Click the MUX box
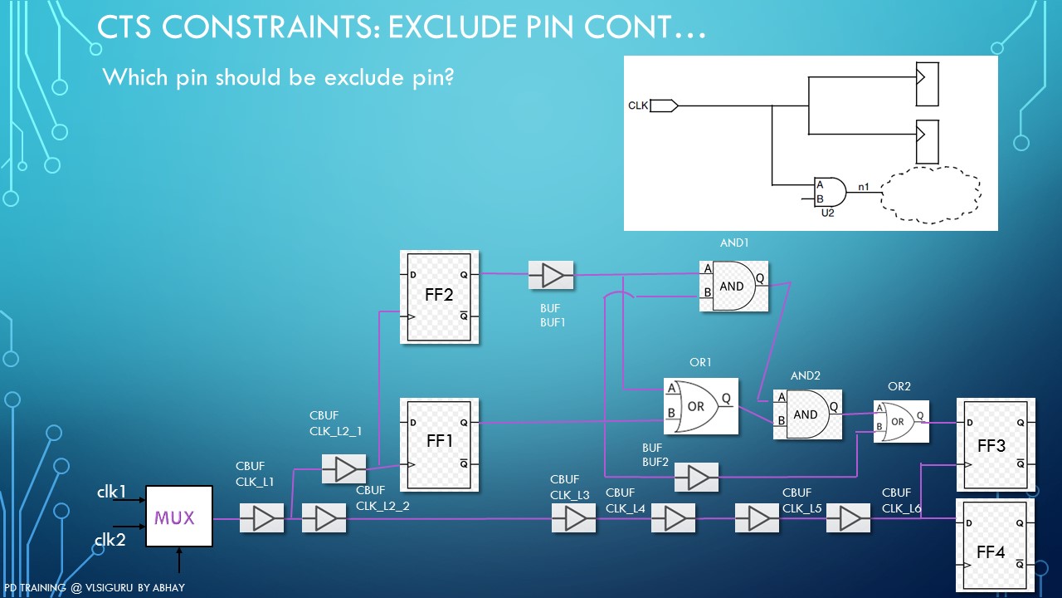click(x=178, y=517)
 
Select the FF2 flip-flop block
click(x=439, y=297)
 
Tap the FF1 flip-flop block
click(x=439, y=444)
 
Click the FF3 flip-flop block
click(x=996, y=446)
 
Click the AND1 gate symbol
click(x=733, y=286)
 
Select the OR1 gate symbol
click(x=700, y=406)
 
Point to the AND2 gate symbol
click(x=806, y=414)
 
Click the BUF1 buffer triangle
click(x=551, y=275)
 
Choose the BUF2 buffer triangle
click(x=696, y=478)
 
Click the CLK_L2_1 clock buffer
click(x=343, y=469)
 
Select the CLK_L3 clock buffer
click(x=573, y=519)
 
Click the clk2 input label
click(x=110, y=541)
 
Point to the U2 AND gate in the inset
click(x=830, y=193)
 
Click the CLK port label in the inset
click(x=638, y=105)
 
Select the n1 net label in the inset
click(x=864, y=188)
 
